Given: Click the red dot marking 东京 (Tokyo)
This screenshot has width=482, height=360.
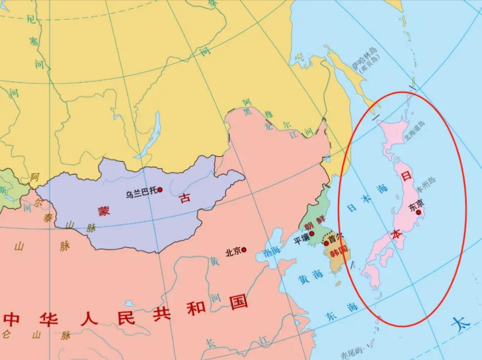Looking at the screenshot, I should pyautogui.click(x=418, y=212).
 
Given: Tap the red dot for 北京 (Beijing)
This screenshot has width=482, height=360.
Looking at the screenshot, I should pyautogui.click(x=244, y=250).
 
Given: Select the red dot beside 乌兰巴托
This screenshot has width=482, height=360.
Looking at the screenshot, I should pyautogui.click(x=160, y=190).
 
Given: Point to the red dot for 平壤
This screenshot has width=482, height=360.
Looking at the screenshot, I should pyautogui.click(x=311, y=234).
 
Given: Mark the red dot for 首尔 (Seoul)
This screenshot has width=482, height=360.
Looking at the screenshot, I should pyautogui.click(x=326, y=243).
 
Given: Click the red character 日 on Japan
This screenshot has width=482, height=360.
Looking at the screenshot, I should pyautogui.click(x=406, y=177).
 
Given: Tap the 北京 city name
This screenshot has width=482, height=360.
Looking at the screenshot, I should pyautogui.click(x=233, y=252).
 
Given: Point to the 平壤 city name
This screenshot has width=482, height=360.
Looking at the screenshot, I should pyautogui.click(x=302, y=239).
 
